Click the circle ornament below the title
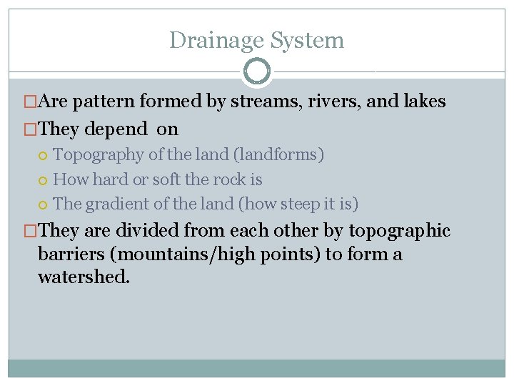256,71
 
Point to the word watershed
84,277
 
